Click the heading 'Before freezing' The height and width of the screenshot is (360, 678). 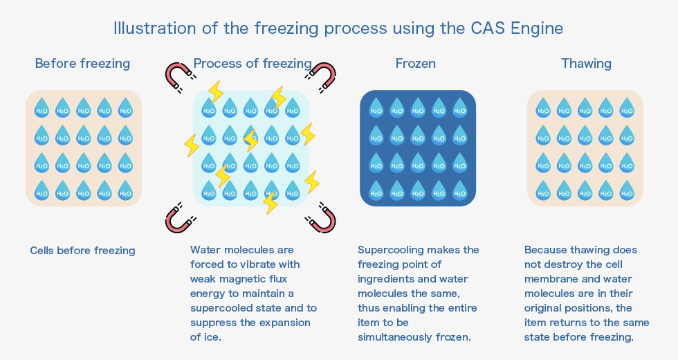(82, 64)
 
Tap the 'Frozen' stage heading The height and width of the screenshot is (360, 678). (416, 64)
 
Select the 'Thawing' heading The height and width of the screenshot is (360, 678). (587, 64)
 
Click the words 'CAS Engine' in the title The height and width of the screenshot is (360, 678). (517, 28)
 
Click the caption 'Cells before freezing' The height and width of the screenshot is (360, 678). (82, 251)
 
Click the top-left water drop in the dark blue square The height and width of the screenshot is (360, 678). (376, 107)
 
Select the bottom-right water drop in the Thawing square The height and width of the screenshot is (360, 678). (627, 190)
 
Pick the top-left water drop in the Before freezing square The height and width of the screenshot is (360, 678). (42, 107)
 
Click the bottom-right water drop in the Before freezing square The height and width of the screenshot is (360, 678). (125, 190)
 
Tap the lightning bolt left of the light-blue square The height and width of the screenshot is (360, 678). (192, 145)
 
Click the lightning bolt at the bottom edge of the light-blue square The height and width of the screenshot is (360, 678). (271, 202)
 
